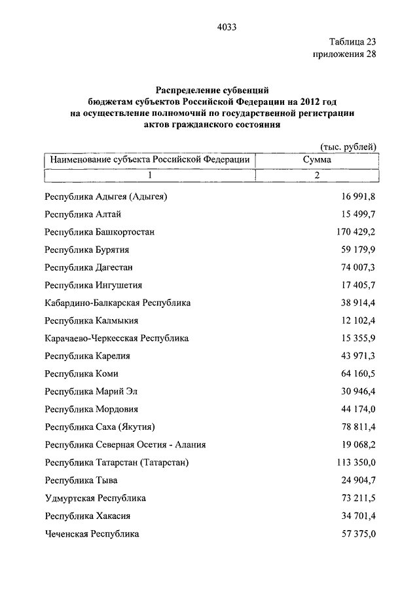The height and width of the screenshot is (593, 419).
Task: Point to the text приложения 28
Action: [x=345, y=54]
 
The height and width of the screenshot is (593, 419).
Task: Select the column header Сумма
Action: [x=317, y=159]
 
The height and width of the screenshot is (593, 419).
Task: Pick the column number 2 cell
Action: [x=317, y=175]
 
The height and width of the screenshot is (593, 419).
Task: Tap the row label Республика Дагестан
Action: [x=89, y=267]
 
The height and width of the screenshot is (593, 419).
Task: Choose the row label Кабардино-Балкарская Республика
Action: [x=118, y=303]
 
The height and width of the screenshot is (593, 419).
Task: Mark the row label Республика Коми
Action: [x=81, y=373]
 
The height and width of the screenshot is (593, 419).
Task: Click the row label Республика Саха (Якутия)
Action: [x=100, y=427]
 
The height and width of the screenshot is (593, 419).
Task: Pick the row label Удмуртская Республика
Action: [x=96, y=498]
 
